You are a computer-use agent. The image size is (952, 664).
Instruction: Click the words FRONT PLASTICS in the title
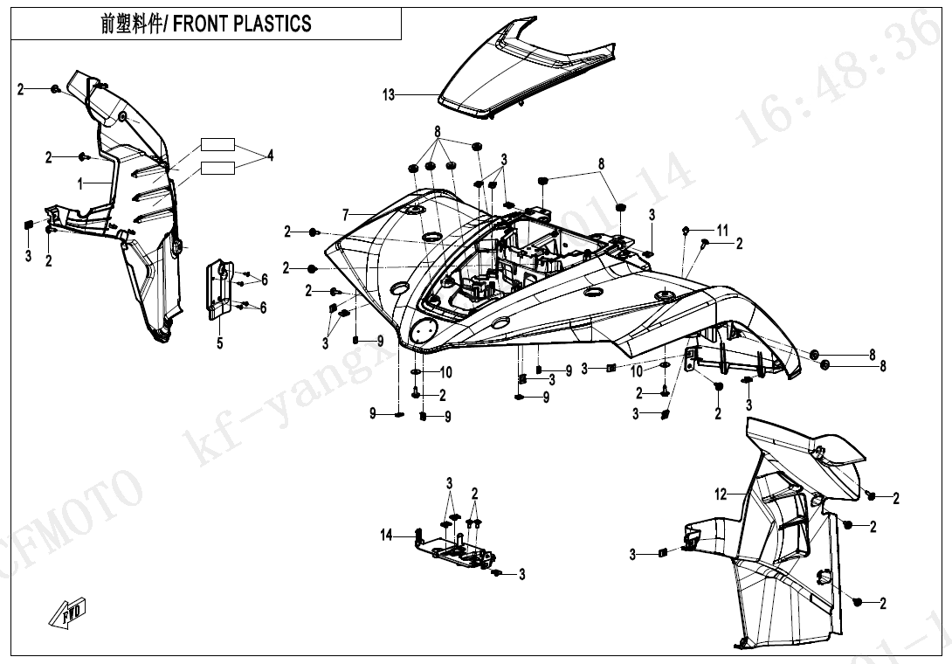point(242,24)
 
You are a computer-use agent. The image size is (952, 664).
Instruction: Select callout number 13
point(389,95)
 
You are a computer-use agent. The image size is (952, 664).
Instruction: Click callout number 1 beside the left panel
point(80,184)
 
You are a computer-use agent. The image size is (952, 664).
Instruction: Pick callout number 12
point(721,495)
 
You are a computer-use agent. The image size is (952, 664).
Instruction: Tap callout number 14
point(386,536)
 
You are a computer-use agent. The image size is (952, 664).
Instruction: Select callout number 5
point(220,343)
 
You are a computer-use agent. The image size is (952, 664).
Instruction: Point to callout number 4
point(271,156)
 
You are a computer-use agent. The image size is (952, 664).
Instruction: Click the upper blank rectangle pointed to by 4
point(218,145)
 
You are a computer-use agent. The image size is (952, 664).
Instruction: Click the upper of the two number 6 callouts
point(264,280)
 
